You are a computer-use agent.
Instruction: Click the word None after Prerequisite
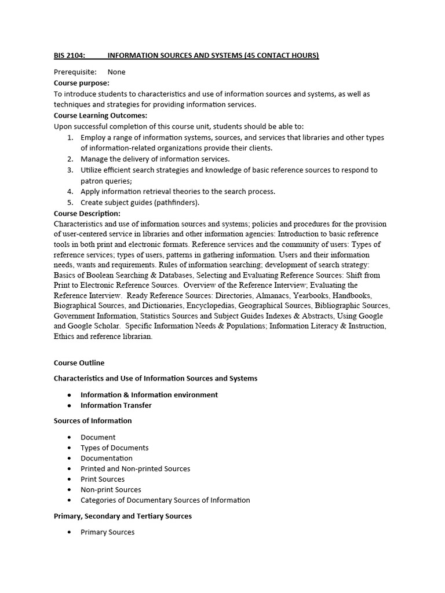(x=116, y=72)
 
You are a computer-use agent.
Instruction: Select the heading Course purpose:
(x=81, y=83)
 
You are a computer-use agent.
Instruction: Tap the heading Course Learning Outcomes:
(x=100, y=115)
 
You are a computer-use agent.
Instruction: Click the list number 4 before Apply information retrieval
(x=70, y=192)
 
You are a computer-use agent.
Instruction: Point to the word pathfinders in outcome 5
(x=174, y=202)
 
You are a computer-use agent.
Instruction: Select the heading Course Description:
(x=87, y=213)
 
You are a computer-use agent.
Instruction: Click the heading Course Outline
(x=79, y=363)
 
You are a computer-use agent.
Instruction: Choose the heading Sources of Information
(x=93, y=421)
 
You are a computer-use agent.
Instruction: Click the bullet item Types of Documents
(x=114, y=448)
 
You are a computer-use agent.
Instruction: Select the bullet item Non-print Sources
(x=111, y=490)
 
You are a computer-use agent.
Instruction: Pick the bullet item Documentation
(x=107, y=458)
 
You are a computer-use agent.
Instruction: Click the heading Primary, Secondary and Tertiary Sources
(x=123, y=516)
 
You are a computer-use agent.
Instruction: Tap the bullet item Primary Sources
(x=107, y=532)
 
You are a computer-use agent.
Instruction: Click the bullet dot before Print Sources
(x=70, y=479)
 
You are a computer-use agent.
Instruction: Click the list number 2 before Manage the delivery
(x=70, y=159)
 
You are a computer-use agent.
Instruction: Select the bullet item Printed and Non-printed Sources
(x=135, y=468)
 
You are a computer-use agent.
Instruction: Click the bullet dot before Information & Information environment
(x=70, y=395)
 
